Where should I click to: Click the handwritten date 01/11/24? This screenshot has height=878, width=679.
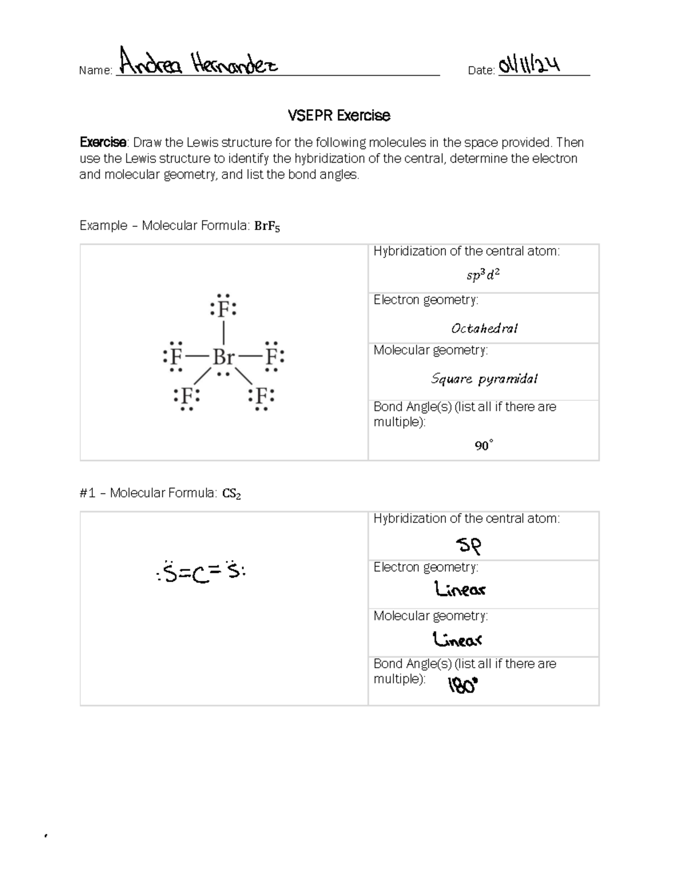point(530,64)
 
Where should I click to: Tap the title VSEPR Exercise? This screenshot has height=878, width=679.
point(339,115)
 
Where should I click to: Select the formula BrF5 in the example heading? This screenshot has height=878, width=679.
point(267,226)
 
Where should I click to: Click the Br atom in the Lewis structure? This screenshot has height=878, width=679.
point(224,357)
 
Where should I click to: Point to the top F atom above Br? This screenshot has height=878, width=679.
point(224,309)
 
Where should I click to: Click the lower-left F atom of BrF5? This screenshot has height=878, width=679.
point(187,396)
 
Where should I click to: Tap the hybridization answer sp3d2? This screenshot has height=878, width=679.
point(483,275)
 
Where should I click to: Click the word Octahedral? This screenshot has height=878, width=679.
point(484,328)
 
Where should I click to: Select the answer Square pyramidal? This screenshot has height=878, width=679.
point(484,379)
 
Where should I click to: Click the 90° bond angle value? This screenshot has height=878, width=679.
point(484,446)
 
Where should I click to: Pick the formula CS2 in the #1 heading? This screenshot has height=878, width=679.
point(231,494)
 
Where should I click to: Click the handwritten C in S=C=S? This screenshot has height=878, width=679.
point(198,575)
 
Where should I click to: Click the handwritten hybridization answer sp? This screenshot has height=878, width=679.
point(469,546)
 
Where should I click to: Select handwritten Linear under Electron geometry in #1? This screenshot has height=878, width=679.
point(460,590)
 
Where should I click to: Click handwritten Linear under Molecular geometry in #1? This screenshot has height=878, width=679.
point(457,639)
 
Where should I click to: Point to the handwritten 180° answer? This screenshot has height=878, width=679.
point(463,686)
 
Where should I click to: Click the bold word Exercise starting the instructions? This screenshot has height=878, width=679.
point(102,142)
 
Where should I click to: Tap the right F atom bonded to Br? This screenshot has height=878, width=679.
point(273,357)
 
